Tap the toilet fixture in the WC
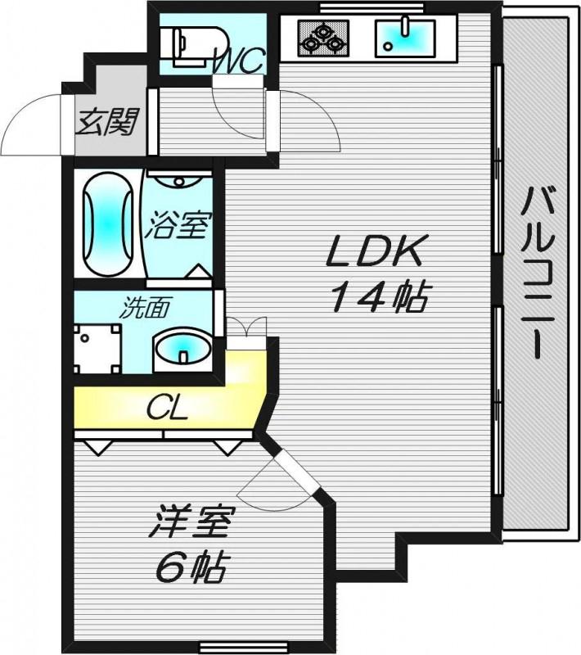194,47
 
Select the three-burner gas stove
323,38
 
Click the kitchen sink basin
405,38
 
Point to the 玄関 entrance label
108,122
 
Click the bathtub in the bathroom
108,224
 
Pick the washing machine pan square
97,349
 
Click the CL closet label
167,409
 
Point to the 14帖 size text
379,297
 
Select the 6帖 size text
191,567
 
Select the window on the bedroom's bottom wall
243,652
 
